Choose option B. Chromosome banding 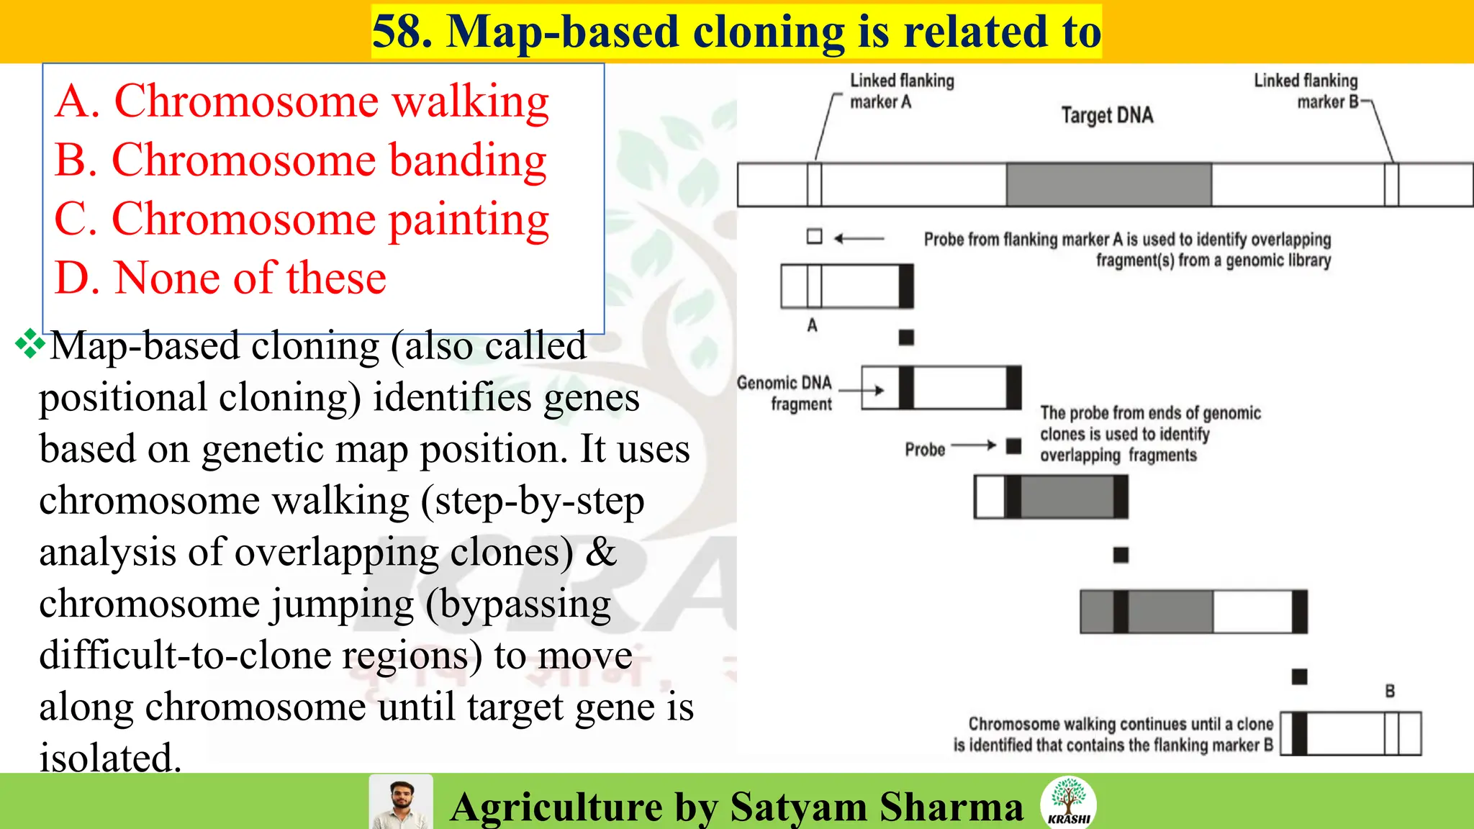click(301, 160)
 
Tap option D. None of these click(220, 278)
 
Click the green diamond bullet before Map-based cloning click(30, 343)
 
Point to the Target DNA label click(1107, 115)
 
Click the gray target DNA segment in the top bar click(1108, 185)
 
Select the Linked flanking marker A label click(901, 91)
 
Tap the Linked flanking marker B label click(1306, 91)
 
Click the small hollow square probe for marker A click(814, 236)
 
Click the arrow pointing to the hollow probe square click(859, 237)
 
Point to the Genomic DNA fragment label click(785, 393)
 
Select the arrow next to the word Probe click(974, 446)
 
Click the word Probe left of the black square click(925, 450)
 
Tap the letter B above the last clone click(1390, 691)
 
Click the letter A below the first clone click(812, 325)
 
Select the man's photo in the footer click(401, 802)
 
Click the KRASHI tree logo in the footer click(1068, 801)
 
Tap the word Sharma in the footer click(951, 807)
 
